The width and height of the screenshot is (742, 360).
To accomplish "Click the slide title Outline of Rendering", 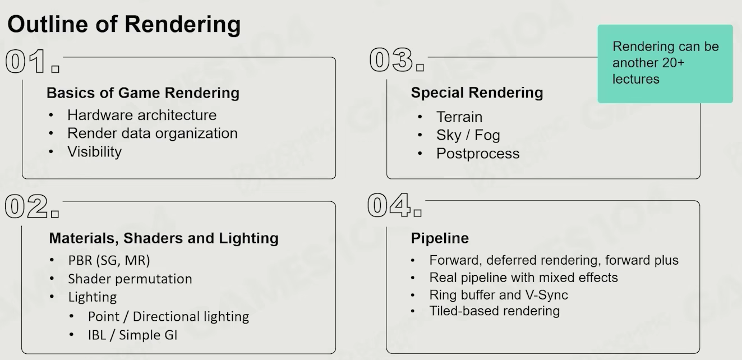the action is click(x=124, y=25).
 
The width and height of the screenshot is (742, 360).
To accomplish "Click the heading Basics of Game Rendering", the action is click(x=143, y=93).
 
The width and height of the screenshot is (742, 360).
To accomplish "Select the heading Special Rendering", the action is click(x=477, y=93).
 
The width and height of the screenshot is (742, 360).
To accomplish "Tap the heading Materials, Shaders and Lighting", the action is click(x=164, y=238).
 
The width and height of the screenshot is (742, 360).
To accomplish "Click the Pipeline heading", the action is click(x=440, y=238).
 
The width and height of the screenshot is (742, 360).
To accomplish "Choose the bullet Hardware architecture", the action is click(x=141, y=115).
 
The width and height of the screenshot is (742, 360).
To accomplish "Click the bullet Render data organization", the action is click(x=152, y=133).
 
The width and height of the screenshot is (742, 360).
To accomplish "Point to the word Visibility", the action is click(x=94, y=151).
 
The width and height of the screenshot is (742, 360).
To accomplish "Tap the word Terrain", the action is click(x=459, y=117).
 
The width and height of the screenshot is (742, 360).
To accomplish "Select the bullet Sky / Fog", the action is click(x=468, y=135).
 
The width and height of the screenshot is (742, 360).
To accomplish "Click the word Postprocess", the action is click(x=478, y=154).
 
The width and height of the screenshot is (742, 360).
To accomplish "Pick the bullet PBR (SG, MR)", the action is click(x=109, y=261).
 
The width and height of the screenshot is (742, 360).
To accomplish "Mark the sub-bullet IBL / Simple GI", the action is click(x=133, y=335).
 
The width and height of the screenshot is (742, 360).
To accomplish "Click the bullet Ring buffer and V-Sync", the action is click(x=499, y=295).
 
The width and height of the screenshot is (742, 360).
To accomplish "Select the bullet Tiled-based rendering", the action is click(x=494, y=311).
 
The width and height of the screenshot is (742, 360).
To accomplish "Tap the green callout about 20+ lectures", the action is click(x=665, y=63).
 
